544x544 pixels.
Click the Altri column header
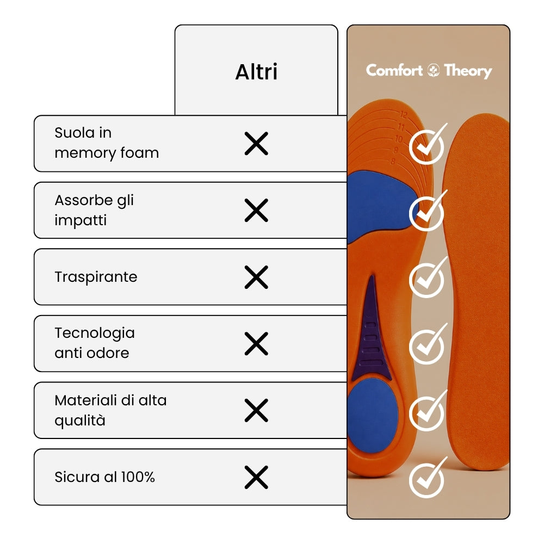click(256, 72)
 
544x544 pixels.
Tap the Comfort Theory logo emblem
click(434, 70)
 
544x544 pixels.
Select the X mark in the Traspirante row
click(256, 277)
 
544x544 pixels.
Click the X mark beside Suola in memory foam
click(256, 143)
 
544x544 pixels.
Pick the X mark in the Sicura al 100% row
click(256, 477)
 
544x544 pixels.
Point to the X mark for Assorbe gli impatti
click(256, 210)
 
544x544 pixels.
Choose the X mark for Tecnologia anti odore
click(256, 344)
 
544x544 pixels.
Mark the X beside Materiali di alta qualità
click(256, 410)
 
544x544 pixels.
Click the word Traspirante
click(96, 277)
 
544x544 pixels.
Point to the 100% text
click(138, 477)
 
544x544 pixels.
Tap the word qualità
click(80, 421)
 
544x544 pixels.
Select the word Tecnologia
click(94, 333)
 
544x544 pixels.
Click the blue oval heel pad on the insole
click(373, 416)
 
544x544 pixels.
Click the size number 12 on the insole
click(404, 114)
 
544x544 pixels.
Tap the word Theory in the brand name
click(468, 71)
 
